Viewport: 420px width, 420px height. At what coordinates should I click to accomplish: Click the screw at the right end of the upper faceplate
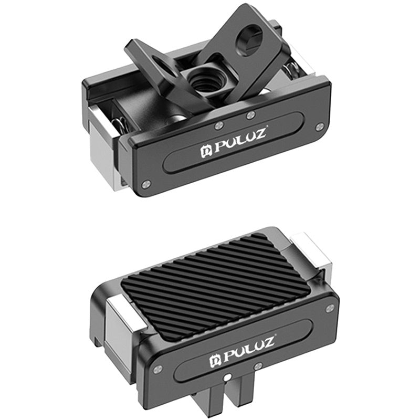(x=319, y=126)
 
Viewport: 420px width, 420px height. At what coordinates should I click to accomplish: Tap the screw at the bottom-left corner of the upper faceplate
(x=146, y=183)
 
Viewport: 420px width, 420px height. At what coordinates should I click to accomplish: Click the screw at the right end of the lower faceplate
(x=329, y=309)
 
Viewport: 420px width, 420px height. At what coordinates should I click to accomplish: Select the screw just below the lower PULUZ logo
(x=258, y=366)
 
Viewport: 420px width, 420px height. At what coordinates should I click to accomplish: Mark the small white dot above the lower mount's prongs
(x=225, y=376)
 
